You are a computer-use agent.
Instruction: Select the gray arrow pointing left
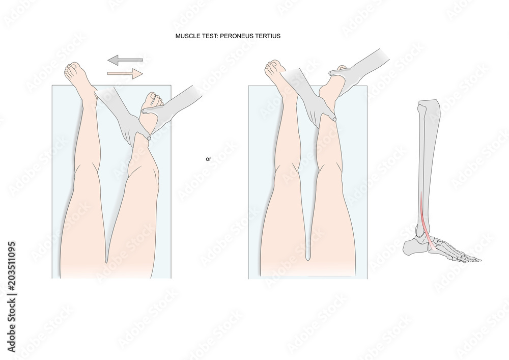click(125, 60)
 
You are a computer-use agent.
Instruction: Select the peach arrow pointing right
click(125, 74)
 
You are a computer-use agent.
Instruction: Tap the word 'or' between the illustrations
click(208, 159)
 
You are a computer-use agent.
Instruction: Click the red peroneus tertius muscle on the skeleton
click(424, 216)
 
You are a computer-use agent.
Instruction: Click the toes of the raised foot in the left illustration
click(154, 98)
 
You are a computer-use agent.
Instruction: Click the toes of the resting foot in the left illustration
click(73, 68)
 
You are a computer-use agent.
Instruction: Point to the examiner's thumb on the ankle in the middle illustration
click(333, 118)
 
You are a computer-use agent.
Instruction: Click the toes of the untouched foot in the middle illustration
click(273, 66)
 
